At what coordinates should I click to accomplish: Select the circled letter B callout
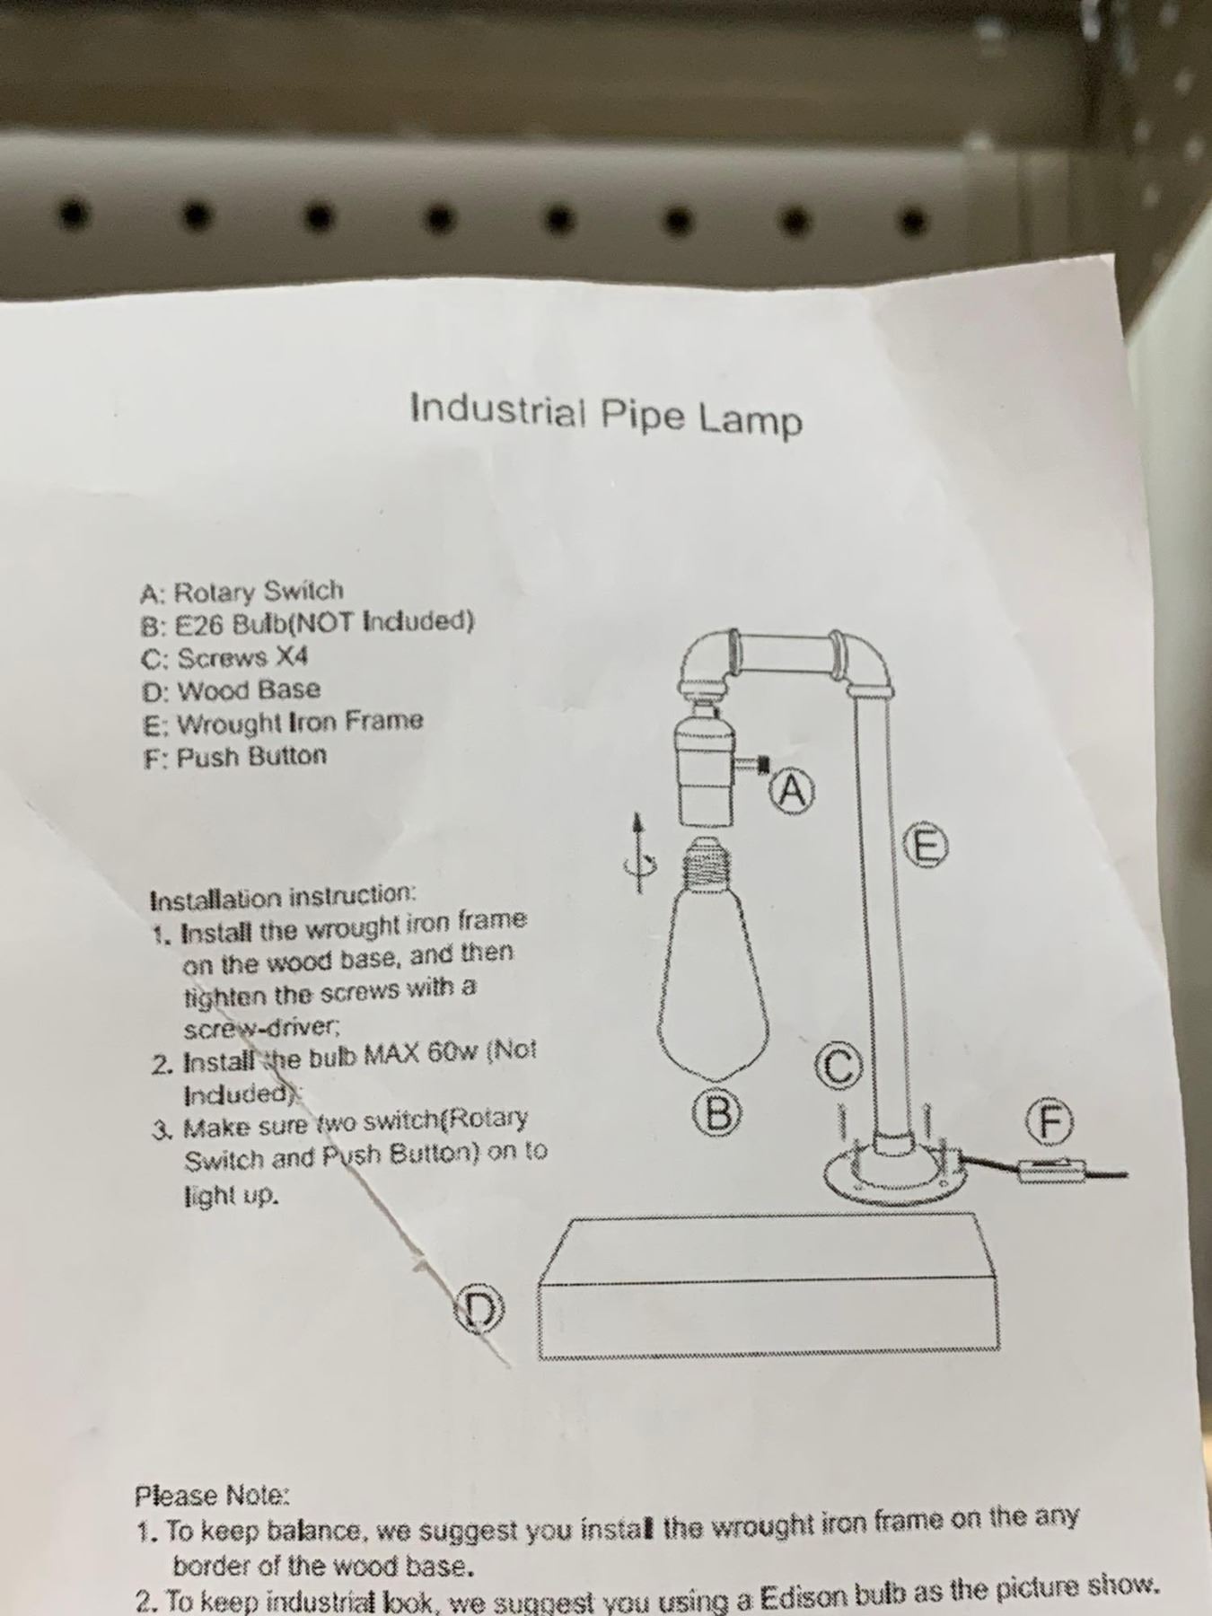pyautogui.click(x=721, y=1115)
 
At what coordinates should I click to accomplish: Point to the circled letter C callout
pyautogui.click(x=837, y=1065)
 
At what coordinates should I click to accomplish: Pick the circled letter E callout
pyautogui.click(x=926, y=846)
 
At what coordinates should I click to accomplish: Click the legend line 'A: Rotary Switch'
pyautogui.click(x=242, y=592)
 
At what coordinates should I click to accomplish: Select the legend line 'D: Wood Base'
pyautogui.click(x=231, y=689)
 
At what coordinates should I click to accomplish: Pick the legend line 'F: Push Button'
pyautogui.click(x=235, y=757)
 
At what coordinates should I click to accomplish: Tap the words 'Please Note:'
pyautogui.click(x=213, y=1495)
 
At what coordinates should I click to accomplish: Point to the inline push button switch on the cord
pyautogui.click(x=1051, y=1171)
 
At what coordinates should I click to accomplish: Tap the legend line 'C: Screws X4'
pyautogui.click(x=224, y=658)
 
